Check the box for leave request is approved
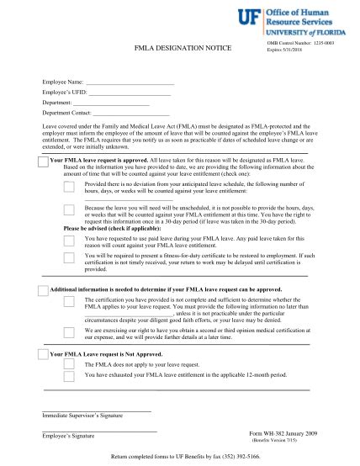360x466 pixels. (43, 161)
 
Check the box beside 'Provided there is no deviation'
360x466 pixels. (69, 187)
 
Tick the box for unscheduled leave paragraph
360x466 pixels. (69, 209)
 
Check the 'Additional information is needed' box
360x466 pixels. (43, 289)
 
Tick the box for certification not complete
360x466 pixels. (69, 302)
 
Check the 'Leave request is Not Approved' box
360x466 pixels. (43, 356)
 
